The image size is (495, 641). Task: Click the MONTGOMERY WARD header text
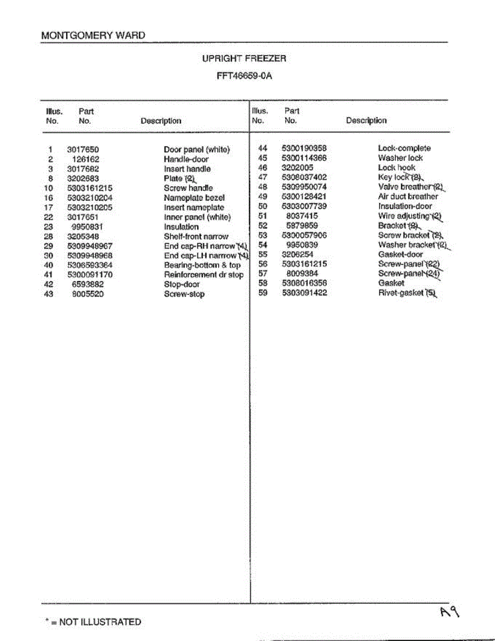93,36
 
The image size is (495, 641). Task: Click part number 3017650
83,150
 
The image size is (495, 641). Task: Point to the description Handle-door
186,159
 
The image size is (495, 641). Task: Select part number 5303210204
90,198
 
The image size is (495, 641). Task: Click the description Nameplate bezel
194,198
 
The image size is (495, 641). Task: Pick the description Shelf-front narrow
196,236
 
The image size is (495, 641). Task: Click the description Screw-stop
184,294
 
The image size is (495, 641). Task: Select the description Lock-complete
404,148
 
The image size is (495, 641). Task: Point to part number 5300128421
304,197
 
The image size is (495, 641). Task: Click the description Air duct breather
408,197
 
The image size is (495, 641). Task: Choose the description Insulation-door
405,206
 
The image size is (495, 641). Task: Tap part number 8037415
302,216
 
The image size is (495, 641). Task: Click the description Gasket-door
400,254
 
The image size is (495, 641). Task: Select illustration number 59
263,293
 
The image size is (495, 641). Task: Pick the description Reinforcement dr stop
203,275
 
